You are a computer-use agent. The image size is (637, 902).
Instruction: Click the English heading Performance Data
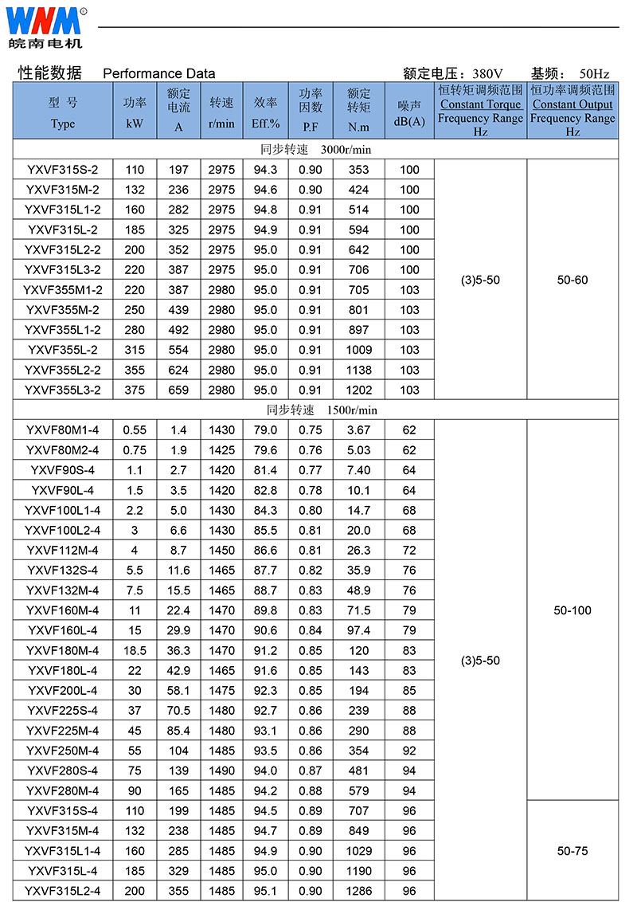click(159, 73)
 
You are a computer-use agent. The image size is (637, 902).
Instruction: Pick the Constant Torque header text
click(480, 104)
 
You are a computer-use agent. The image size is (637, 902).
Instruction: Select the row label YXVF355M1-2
click(63, 289)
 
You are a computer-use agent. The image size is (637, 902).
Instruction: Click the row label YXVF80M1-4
click(63, 430)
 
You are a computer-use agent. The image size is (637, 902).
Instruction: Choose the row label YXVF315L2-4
click(63, 891)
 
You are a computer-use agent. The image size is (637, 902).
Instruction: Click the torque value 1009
click(358, 350)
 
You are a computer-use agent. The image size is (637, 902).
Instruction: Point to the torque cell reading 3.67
click(358, 430)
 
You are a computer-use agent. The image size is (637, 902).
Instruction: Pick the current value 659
click(178, 390)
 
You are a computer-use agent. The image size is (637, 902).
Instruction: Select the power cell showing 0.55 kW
click(135, 430)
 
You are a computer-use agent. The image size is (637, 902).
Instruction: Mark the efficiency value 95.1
click(265, 891)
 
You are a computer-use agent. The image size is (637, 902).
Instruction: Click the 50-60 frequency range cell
click(573, 280)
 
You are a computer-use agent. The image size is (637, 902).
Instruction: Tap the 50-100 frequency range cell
click(573, 610)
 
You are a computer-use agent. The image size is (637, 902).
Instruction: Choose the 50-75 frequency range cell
click(573, 851)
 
